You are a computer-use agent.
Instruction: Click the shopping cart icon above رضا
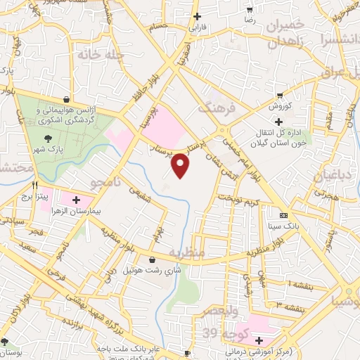pos(250,11)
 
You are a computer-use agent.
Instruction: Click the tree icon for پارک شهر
pos(48,137)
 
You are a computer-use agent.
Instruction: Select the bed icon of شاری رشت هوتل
pos(152,261)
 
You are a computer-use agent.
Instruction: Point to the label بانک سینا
pos(283,227)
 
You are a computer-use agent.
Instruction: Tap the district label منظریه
pos(187,252)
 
